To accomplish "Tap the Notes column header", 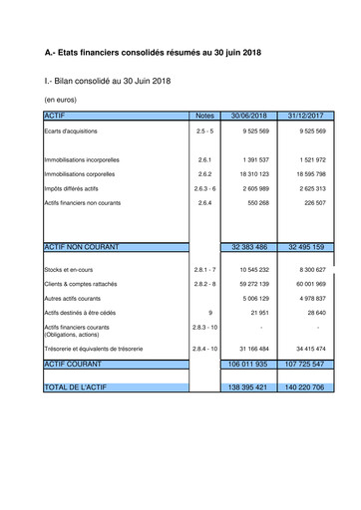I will pos(204,117).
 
